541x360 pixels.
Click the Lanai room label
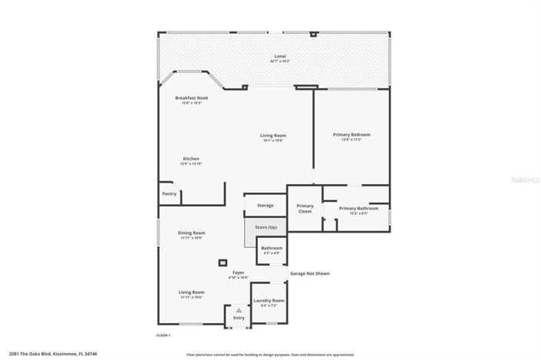point(279,56)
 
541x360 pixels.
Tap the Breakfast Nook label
point(191,98)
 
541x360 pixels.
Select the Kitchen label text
point(190,159)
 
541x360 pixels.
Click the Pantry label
point(170,193)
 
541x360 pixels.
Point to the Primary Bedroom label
point(351,134)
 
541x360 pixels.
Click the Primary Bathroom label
point(358,209)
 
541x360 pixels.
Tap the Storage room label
point(265,205)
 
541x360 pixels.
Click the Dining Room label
point(191,233)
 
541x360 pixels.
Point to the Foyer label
point(239,272)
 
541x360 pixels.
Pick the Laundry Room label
point(269,300)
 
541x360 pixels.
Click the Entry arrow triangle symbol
point(239,310)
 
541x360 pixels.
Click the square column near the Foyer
point(223,261)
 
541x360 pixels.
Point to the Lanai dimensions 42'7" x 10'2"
point(279,61)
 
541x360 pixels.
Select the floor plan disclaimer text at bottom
point(270,355)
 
